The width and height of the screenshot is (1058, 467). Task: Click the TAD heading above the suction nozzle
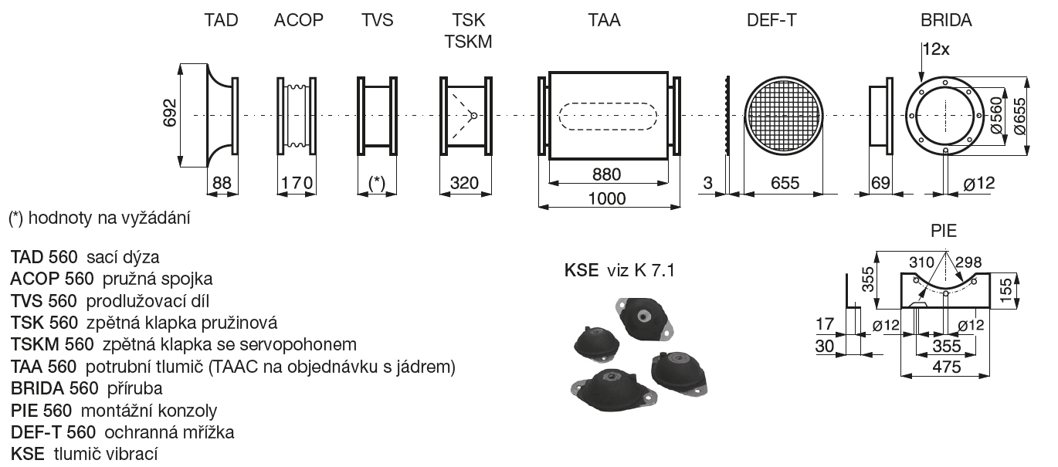[x=221, y=20]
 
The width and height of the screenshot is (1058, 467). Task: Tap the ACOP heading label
[x=299, y=20]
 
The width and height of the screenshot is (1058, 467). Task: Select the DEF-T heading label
[x=771, y=20]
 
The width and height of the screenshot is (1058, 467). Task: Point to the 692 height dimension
[x=170, y=113]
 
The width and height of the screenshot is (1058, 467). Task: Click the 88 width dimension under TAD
[x=222, y=183]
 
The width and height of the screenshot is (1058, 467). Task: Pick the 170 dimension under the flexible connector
[x=297, y=183]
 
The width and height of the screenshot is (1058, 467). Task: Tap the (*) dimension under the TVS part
[x=376, y=183]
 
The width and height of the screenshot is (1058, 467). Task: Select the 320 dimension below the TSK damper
[x=464, y=183]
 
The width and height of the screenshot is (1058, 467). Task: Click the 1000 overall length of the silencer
[x=607, y=198]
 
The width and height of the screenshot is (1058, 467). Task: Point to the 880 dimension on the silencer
[x=607, y=174]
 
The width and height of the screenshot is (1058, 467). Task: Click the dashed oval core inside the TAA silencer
[x=608, y=116]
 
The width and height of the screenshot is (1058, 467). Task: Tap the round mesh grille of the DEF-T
[x=784, y=115]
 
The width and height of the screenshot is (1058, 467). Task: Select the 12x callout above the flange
[x=936, y=49]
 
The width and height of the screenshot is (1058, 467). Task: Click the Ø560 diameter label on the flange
[x=995, y=115]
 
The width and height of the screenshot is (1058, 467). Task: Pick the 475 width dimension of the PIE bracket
[x=947, y=367]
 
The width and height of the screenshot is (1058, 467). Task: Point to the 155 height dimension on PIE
[x=1006, y=289]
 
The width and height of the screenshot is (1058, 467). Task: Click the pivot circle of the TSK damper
[x=473, y=115]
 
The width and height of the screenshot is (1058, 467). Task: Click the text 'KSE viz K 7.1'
[x=619, y=270]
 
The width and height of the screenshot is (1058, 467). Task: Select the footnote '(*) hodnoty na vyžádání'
[x=100, y=218]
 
